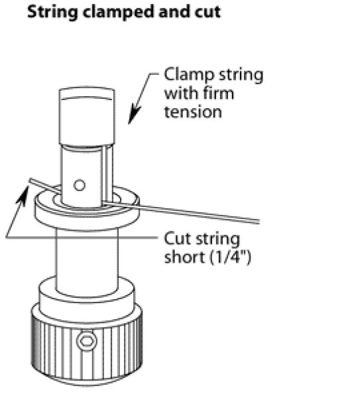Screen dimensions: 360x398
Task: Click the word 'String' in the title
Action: pyautogui.click(x=52, y=12)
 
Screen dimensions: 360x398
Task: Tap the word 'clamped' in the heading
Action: pyautogui.click(x=118, y=12)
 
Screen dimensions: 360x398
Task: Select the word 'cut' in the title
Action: pyautogui.click(x=208, y=12)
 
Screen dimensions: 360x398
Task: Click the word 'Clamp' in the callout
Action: pyautogui.click(x=189, y=75)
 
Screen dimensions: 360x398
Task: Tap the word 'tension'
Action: pyautogui.click(x=193, y=112)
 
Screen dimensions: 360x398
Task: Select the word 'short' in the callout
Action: pyautogui.click(x=184, y=257)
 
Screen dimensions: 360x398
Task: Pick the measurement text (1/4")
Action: pyautogui.click(x=230, y=257)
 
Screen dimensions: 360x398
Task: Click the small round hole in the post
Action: pyautogui.click(x=80, y=185)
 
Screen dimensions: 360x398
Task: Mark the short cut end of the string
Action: pyautogui.click(x=44, y=184)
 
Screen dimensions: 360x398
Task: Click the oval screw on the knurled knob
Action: pyautogui.click(x=87, y=341)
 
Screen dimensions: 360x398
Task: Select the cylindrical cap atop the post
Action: pyautogui.click(x=87, y=117)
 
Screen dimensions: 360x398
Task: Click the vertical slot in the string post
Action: pyautogui.click(x=108, y=174)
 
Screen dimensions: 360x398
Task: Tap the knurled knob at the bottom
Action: pyautogui.click(x=87, y=345)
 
